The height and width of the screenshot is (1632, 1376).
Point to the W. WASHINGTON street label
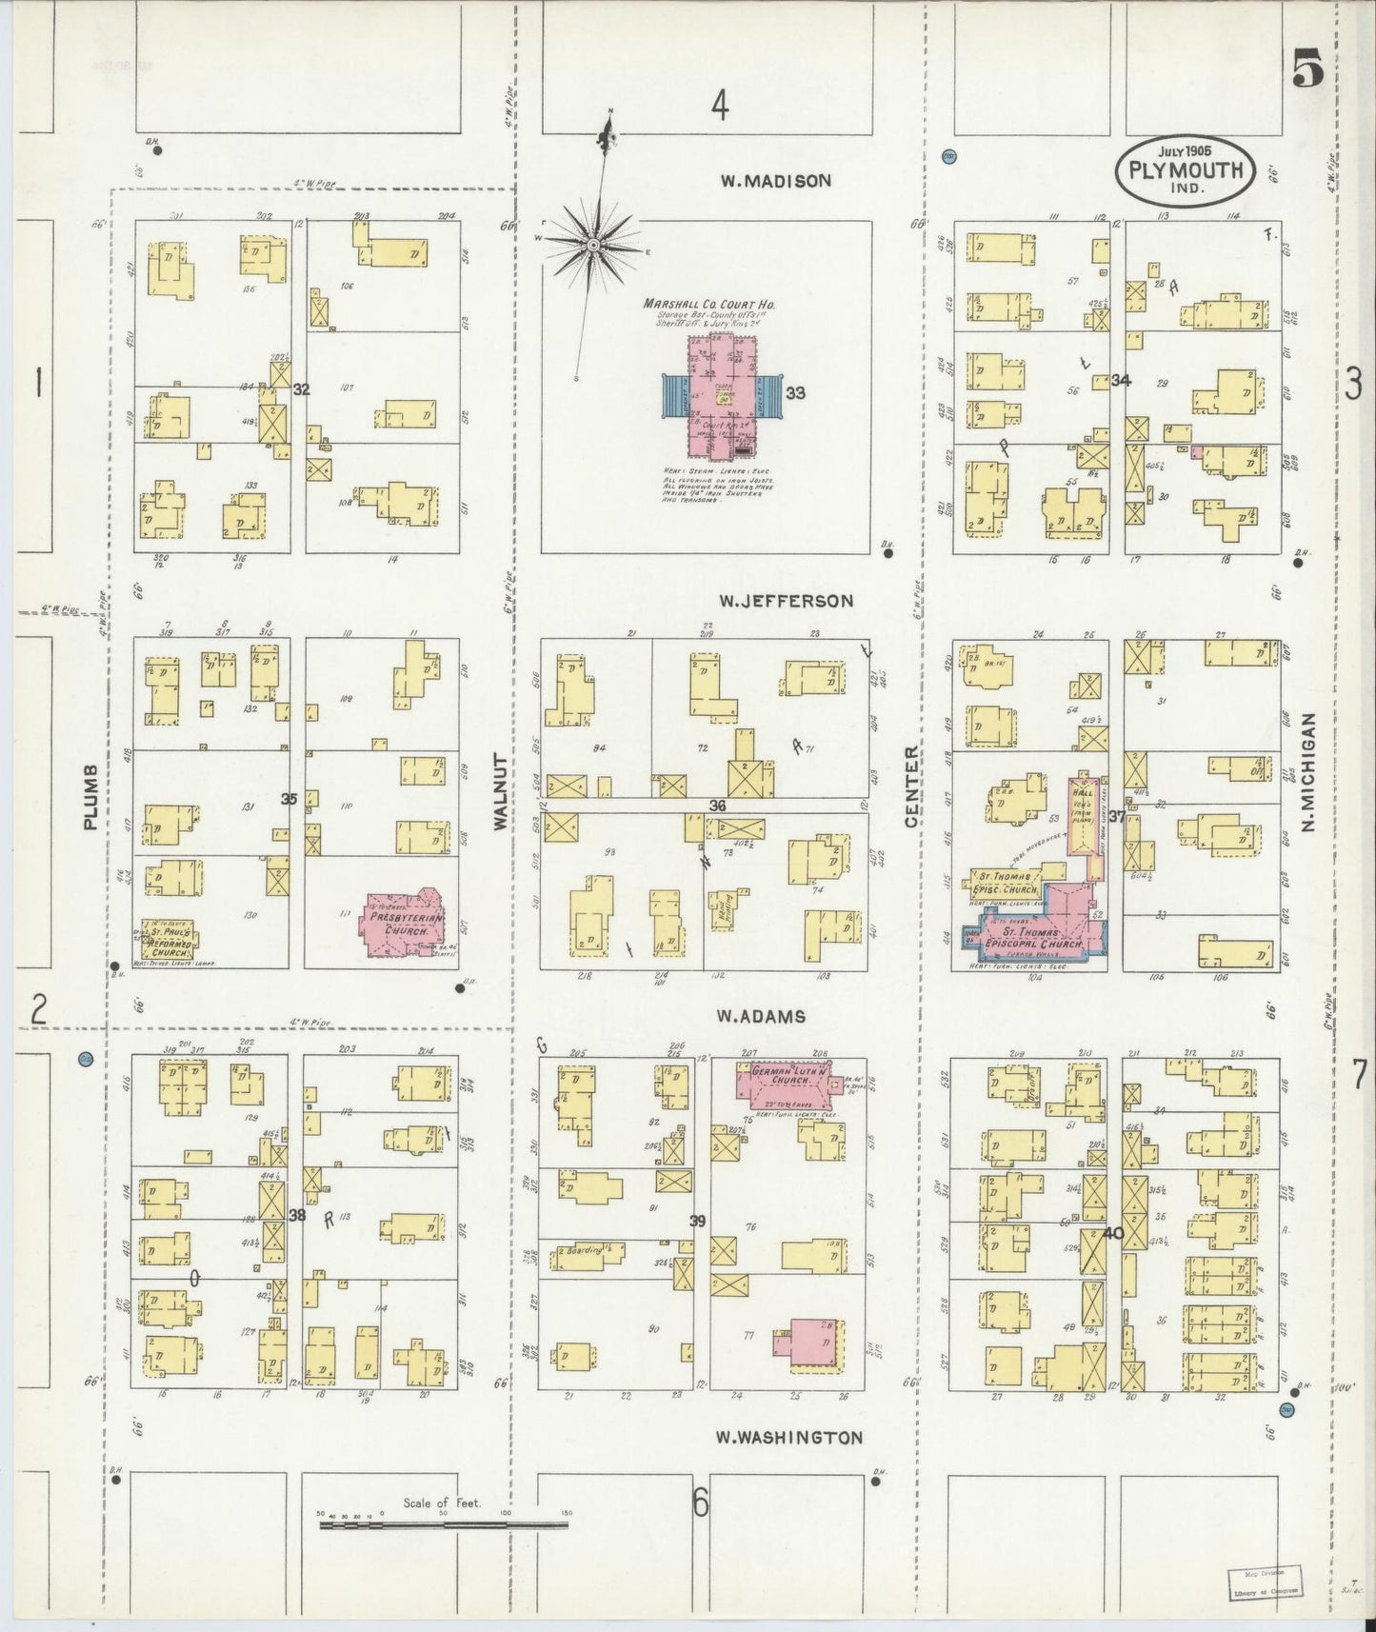pyautogui.click(x=789, y=1438)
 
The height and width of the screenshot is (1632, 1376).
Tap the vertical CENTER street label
pyautogui.click(x=911, y=786)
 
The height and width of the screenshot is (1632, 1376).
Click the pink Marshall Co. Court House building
pyautogui.click(x=722, y=395)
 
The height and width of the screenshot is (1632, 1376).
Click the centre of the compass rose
pyautogui.click(x=592, y=245)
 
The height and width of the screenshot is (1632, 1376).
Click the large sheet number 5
pyautogui.click(x=1308, y=70)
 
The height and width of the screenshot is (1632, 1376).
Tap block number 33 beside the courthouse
pyautogui.click(x=796, y=392)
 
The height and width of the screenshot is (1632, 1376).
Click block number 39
pyautogui.click(x=698, y=1221)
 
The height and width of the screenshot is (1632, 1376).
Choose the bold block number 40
pyautogui.click(x=1113, y=1234)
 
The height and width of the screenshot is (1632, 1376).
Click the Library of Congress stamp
pyautogui.click(x=1264, y=1582)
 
